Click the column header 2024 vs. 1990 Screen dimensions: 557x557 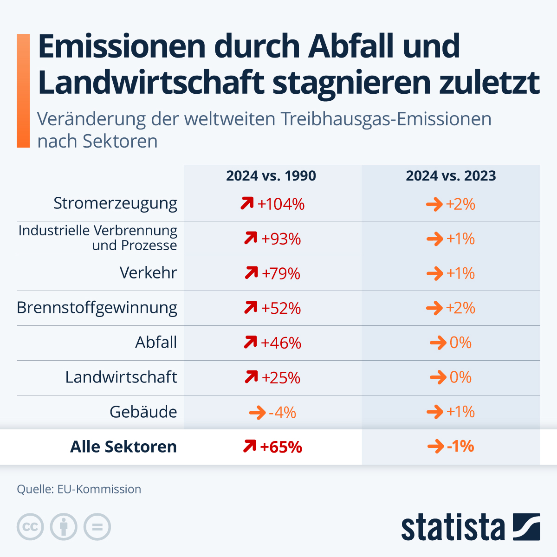coord(271,176)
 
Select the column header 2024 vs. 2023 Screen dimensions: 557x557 coord(451,176)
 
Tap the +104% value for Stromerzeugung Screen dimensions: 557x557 coord(281,204)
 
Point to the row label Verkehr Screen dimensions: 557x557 coord(148,272)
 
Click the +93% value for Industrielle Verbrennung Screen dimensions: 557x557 coord(281,239)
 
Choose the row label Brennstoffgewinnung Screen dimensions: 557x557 coord(97,308)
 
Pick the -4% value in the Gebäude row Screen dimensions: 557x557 coord(282,412)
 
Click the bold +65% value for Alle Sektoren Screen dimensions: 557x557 coord(281,447)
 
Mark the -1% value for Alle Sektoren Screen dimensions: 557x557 coord(460,447)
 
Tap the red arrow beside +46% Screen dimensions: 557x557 coord(250,343)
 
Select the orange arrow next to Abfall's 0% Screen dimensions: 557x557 coord(438,343)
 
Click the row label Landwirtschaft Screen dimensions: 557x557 coord(121,377)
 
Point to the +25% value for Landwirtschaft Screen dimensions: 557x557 coord(281,378)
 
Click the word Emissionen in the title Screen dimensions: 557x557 coord(122,46)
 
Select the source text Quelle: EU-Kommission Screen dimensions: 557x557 coord(79,489)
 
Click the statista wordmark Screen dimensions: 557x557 coord(453,527)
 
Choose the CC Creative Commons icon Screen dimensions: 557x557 coord(30,527)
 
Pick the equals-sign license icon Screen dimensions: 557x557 coord(97,527)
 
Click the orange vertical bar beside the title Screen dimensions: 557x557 coord(23,91)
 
